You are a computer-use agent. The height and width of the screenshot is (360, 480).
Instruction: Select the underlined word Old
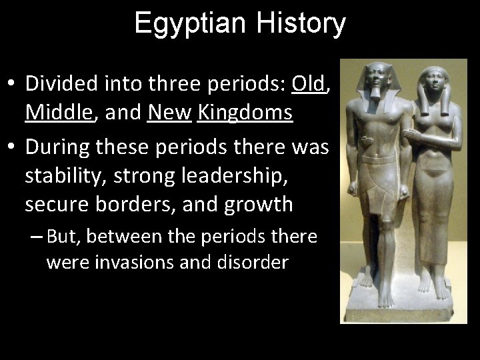307,84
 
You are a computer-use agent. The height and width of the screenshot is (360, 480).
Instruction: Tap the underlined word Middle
58,113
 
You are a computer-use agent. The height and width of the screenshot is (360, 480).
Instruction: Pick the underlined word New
170,113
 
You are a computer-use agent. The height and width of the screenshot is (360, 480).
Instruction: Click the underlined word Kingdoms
245,113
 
